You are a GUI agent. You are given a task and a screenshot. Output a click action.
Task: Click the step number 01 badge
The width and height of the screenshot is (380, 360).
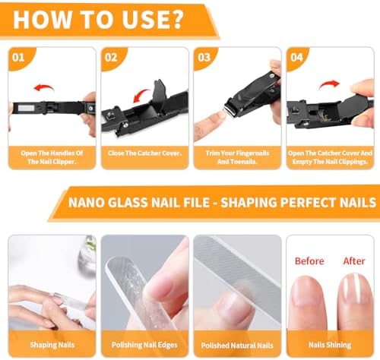tap(18, 58)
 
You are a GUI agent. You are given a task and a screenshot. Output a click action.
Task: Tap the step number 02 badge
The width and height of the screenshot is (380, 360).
tap(111, 58)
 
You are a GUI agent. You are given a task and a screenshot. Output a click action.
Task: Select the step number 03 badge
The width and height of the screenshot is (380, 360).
tap(204, 58)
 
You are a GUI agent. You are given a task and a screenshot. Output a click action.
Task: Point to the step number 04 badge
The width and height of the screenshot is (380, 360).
tap(296, 58)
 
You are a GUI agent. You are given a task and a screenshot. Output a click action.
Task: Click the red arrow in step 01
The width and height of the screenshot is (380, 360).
tap(44, 87)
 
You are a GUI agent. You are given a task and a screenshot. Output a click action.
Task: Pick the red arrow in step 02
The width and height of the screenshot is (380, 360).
tap(141, 94)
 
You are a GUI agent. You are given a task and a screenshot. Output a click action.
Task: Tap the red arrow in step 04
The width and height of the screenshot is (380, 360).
tap(329, 84)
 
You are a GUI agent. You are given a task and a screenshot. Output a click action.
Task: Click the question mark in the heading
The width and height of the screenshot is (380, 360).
tap(175, 20)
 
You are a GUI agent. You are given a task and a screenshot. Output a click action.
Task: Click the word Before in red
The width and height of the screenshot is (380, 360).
tap(309, 261)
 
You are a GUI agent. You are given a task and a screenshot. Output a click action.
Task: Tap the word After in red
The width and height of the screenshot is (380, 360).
tap(354, 261)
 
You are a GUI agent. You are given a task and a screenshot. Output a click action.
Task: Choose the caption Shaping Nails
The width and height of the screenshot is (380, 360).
tap(52, 345)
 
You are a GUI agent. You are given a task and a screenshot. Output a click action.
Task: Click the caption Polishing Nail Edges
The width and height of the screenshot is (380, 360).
tap(144, 345)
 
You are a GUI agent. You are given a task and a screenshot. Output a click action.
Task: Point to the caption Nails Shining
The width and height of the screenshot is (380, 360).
tap(330, 345)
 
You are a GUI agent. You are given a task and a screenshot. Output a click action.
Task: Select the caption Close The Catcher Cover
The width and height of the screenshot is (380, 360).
tap(144, 153)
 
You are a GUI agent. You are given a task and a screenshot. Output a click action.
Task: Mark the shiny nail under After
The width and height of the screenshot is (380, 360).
tap(355, 289)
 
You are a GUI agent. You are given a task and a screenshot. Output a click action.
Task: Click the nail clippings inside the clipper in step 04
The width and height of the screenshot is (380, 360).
tap(325, 115)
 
